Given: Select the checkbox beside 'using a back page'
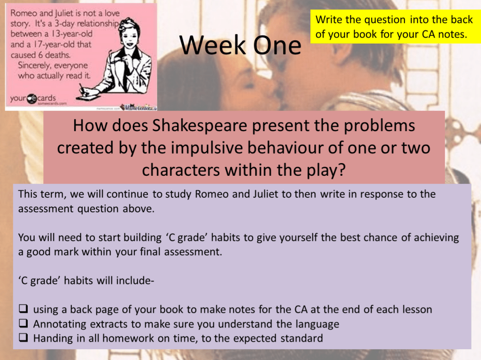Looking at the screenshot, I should (x=23, y=310).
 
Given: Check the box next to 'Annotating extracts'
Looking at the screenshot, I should (x=23, y=324).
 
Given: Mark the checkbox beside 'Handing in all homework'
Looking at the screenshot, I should (x=23, y=338).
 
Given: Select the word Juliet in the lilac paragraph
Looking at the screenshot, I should (x=264, y=195).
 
